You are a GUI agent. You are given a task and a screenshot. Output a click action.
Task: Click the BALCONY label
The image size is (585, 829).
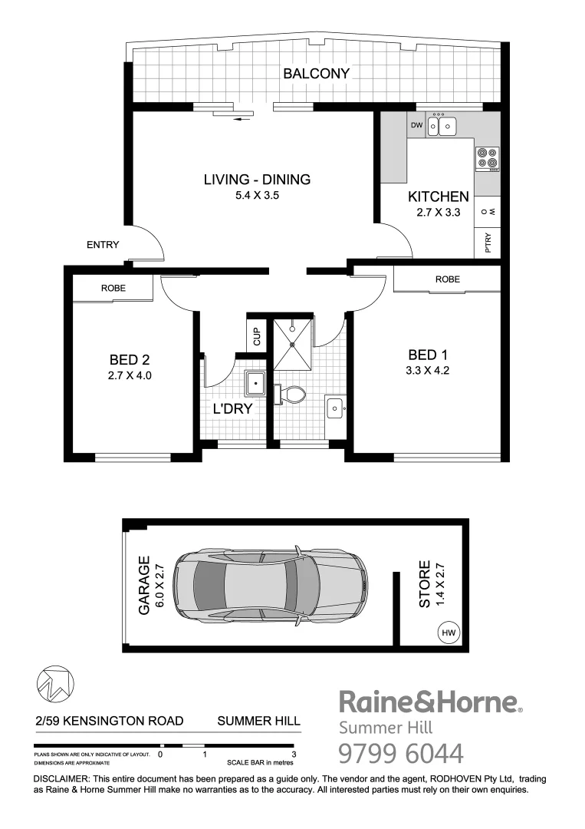click(x=316, y=74)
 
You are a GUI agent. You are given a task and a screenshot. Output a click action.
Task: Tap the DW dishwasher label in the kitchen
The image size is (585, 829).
click(x=416, y=125)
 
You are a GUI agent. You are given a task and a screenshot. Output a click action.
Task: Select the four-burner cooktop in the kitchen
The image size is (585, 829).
click(x=487, y=157)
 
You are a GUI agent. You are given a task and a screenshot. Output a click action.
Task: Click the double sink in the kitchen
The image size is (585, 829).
click(x=442, y=125)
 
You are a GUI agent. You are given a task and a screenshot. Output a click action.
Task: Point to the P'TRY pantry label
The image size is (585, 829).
click(x=488, y=243)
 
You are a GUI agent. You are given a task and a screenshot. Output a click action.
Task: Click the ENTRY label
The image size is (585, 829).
click(x=103, y=245)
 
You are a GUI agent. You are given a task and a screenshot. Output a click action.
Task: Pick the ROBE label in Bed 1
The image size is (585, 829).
click(x=447, y=279)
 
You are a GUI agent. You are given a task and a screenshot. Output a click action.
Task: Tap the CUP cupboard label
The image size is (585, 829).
click(x=257, y=336)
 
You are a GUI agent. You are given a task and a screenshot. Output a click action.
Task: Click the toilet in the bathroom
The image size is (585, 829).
click(x=290, y=395)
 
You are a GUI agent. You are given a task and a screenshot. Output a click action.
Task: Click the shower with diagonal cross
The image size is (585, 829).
click(x=291, y=344)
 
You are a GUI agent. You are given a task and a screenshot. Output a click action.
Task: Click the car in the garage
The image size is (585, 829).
click(x=270, y=586)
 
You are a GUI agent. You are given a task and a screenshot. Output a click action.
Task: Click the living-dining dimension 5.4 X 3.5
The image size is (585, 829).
click(x=256, y=196)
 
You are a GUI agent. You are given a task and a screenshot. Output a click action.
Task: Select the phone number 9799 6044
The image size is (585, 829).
click(x=401, y=753)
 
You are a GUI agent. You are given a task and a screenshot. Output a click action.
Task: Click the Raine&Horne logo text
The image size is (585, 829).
click(x=430, y=702)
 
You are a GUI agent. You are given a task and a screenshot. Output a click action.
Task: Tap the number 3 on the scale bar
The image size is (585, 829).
click(x=294, y=755)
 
